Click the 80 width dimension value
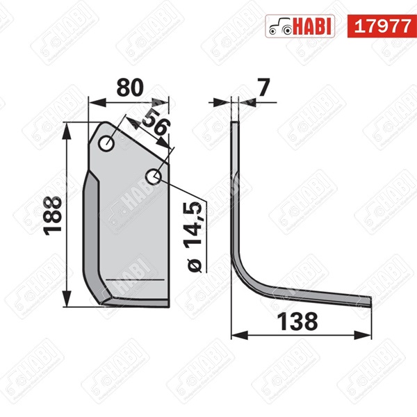129,88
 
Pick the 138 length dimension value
299,322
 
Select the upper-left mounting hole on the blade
108,144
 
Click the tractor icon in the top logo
279,26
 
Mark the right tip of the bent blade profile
370,301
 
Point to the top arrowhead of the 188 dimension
66,129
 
